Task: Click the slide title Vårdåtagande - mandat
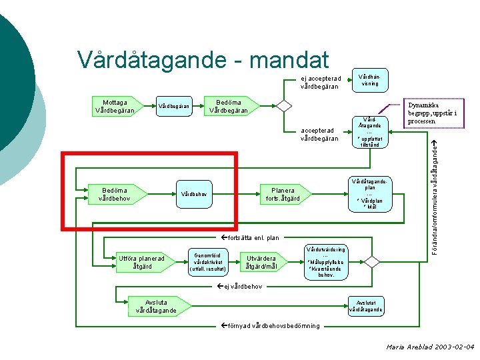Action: click(x=203, y=59)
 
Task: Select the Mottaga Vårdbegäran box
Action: click(x=115, y=105)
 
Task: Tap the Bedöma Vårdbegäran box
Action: click(x=229, y=105)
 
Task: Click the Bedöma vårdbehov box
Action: click(x=115, y=194)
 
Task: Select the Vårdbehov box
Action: click(x=195, y=195)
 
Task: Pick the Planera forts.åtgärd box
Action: click(x=282, y=194)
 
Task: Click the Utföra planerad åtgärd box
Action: click(x=140, y=263)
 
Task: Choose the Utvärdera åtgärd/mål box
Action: click(x=261, y=263)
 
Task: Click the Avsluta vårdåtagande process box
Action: click(x=156, y=306)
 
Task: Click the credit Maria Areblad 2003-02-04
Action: click(x=429, y=347)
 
